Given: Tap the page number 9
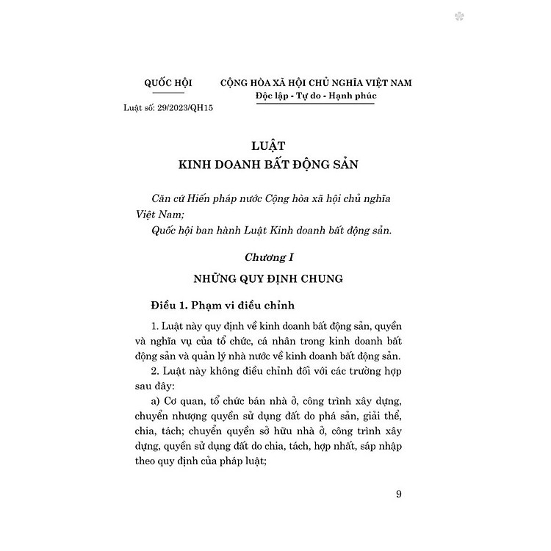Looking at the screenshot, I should pyautogui.click(x=397, y=494).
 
